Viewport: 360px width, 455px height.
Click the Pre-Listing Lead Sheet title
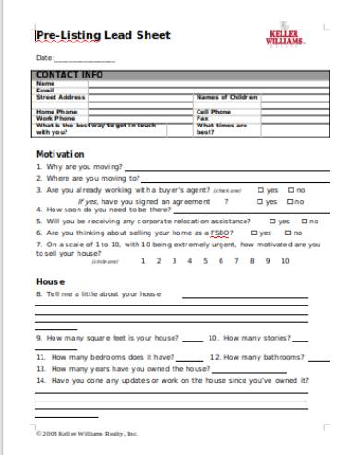[x=102, y=36]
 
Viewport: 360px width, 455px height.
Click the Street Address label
[x=60, y=96]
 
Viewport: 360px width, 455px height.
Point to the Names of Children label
[x=226, y=96]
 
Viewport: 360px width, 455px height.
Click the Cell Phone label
[x=213, y=111]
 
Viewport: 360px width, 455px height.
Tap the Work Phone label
[x=55, y=118]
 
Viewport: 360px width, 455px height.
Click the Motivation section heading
[x=60, y=153]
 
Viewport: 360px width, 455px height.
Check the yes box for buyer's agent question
[x=261, y=190]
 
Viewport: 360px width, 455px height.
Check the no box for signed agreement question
[x=291, y=201]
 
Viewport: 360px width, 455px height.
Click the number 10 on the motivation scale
[x=285, y=261]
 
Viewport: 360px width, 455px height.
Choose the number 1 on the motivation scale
[x=142, y=261]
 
